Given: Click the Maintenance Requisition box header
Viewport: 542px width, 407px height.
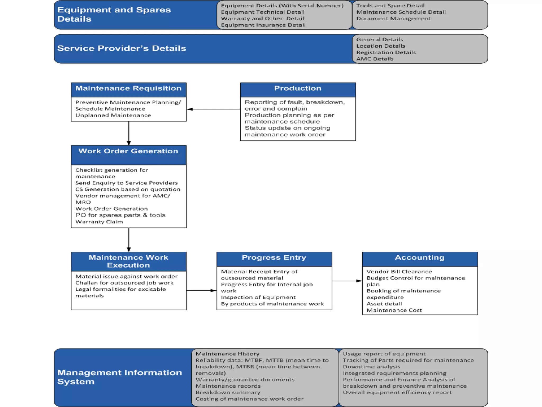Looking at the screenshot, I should pos(128,89).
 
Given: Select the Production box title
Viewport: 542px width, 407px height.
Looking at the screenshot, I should pos(297,89).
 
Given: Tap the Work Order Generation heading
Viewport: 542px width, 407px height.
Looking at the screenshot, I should pos(128,151).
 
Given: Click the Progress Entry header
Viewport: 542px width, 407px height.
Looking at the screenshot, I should pos(274,258).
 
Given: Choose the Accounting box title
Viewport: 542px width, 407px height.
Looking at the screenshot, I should pos(419,258).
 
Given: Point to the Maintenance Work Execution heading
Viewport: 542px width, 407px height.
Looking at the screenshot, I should pos(128,261).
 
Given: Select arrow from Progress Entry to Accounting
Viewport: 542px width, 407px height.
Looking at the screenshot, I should pos(347,281).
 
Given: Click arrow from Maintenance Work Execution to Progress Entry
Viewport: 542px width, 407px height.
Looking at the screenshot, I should pos(201,291).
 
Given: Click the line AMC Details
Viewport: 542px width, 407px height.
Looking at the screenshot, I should pos(375,59).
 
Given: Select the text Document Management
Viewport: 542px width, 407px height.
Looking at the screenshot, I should pos(394,19).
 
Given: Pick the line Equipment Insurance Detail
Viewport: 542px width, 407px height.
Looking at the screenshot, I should pos(263,25).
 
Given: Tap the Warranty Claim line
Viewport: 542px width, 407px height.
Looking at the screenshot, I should pos(99,222).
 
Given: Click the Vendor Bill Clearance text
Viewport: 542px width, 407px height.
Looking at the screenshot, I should pos(399,272).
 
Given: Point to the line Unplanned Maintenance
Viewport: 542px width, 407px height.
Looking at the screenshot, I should pos(113,116).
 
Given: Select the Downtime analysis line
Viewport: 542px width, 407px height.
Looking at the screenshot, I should pos(371,367).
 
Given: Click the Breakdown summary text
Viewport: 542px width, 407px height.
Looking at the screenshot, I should pos(228,392).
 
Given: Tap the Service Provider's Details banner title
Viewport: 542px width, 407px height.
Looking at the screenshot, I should pos(122,48).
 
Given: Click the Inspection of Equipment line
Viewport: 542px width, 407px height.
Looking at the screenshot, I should pos(258,297).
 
